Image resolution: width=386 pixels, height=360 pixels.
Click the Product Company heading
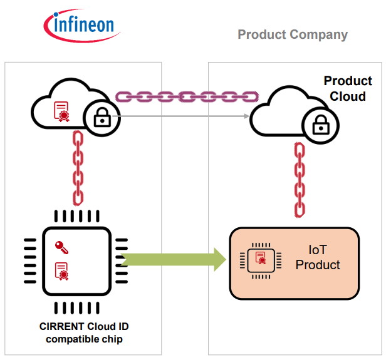click(292, 34)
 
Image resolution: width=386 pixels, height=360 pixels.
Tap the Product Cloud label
click(347, 89)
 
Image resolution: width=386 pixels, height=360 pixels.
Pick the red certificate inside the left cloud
click(61, 111)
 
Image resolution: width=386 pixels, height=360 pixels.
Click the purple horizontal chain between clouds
click(187, 97)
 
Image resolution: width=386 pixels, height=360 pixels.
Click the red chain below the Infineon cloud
click(78, 167)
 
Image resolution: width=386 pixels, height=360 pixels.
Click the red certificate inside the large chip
click(61, 270)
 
